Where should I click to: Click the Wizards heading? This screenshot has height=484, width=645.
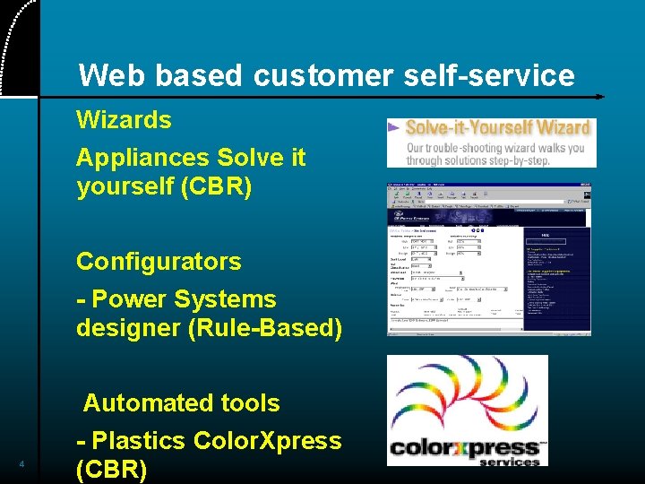(124, 119)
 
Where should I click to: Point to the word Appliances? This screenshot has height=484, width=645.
(133, 158)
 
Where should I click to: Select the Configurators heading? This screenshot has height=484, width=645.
(159, 262)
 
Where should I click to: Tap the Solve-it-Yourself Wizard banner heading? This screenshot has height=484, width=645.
(498, 128)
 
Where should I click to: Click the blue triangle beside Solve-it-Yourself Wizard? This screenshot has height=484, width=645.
(393, 128)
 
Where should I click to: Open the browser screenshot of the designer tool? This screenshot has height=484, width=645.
(489, 260)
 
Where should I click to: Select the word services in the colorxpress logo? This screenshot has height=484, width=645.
(510, 462)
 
